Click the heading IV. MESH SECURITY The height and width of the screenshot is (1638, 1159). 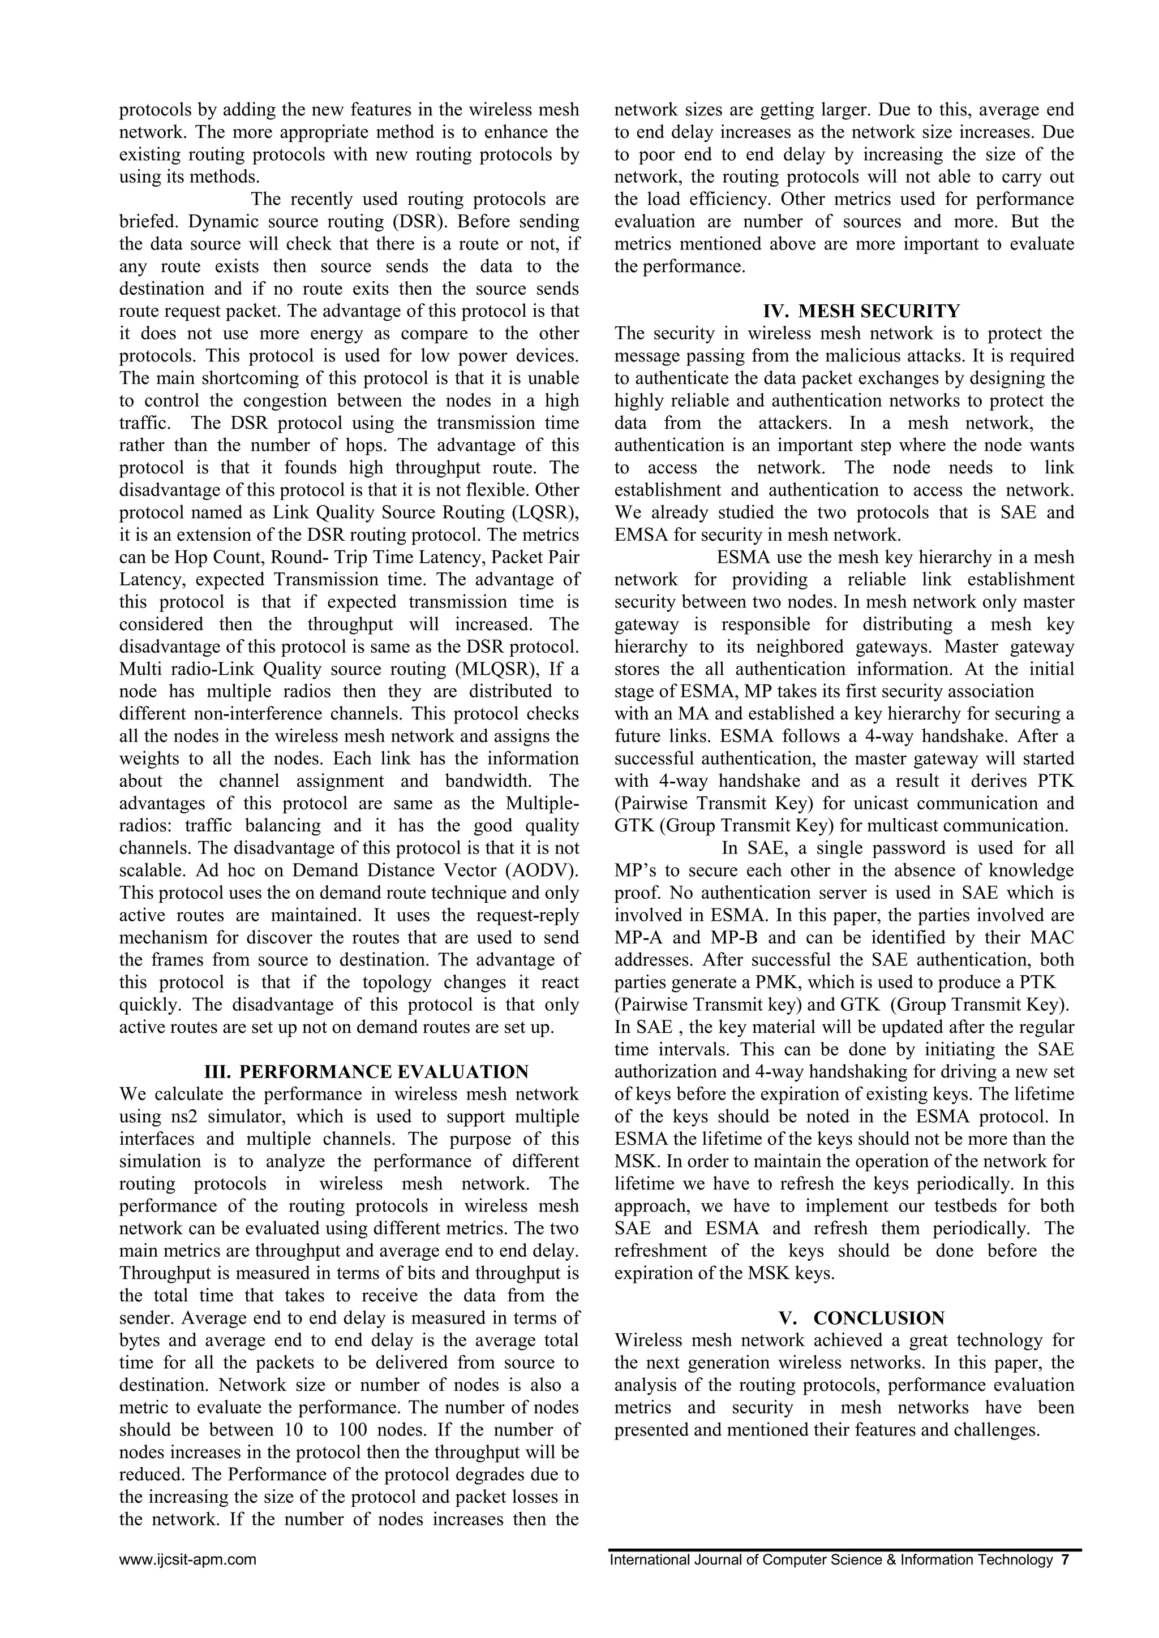coord(861,311)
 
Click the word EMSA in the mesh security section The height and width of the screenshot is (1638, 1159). coord(642,535)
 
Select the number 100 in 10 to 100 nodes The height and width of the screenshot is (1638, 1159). coord(353,1430)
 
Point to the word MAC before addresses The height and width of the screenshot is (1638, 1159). coord(1051,937)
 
